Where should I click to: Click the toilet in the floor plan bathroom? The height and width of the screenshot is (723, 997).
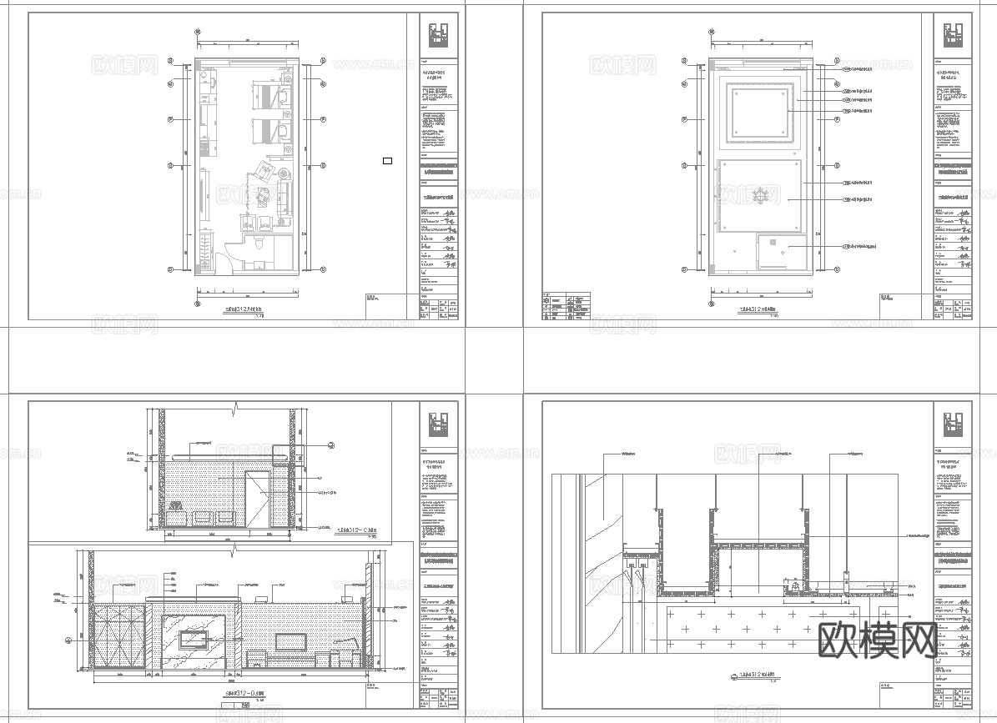[260, 243]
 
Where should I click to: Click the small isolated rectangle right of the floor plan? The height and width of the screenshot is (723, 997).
[387, 160]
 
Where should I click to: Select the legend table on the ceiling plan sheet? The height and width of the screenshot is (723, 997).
[566, 306]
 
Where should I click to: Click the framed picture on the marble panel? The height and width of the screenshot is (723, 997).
[194, 639]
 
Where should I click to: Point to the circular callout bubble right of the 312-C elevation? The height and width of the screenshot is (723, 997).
[331, 445]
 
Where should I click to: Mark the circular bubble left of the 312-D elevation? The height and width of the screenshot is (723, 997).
[68, 640]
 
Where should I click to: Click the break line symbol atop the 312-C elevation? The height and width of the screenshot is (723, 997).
[237, 410]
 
